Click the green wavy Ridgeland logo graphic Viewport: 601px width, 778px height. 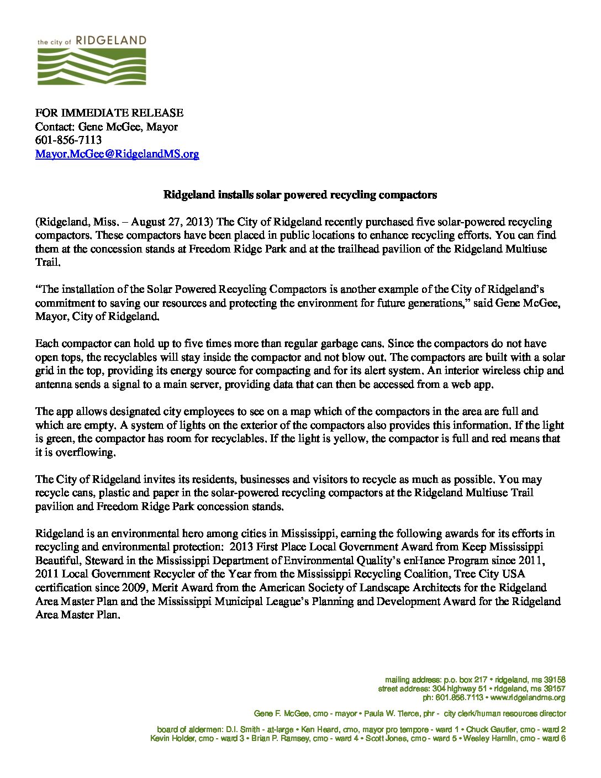[92, 66]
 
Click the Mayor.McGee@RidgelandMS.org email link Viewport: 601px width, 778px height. [117, 154]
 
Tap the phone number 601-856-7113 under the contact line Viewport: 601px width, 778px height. [68, 140]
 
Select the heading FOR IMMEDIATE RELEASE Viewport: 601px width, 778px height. [109, 113]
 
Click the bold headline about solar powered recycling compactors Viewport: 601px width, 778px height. [300, 195]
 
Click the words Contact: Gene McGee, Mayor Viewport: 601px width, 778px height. [107, 127]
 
